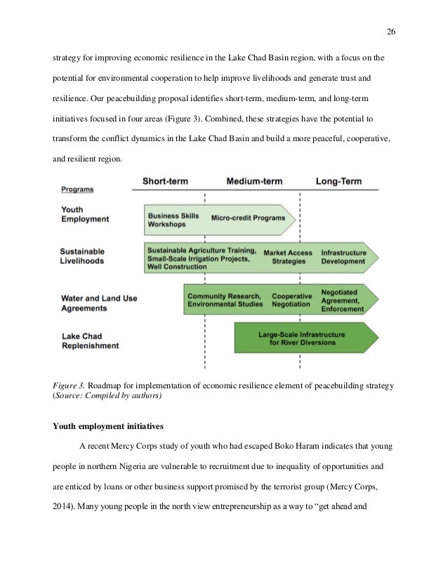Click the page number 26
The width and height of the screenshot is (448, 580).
(391, 31)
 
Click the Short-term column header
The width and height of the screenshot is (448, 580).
(170, 181)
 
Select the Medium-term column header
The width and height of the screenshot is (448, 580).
(254, 181)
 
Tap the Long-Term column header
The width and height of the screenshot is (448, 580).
(338, 181)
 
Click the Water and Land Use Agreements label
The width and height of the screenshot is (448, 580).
(99, 303)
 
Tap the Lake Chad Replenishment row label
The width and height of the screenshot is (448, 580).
(89, 341)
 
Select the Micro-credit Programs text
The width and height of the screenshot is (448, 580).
(248, 218)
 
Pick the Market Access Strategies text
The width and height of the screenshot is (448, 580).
(288, 256)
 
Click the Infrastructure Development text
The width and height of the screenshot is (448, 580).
(343, 256)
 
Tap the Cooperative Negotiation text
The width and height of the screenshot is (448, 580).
(292, 300)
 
